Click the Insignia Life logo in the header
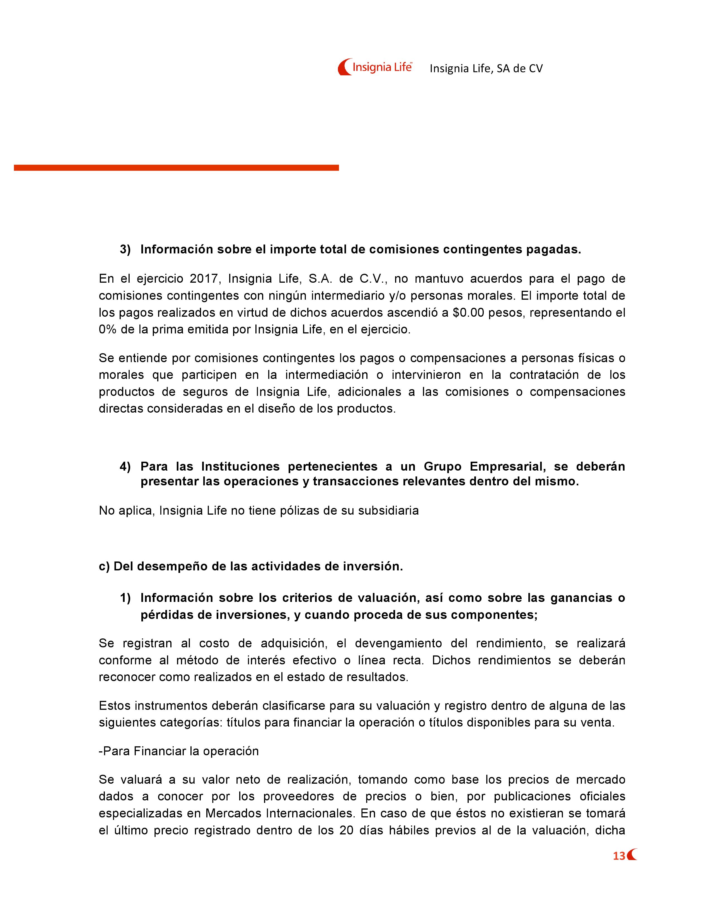click(375, 67)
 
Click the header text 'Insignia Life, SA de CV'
click(486, 69)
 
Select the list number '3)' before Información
click(125, 250)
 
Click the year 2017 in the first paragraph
click(204, 279)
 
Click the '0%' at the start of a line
click(108, 330)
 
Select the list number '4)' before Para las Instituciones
click(125, 466)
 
